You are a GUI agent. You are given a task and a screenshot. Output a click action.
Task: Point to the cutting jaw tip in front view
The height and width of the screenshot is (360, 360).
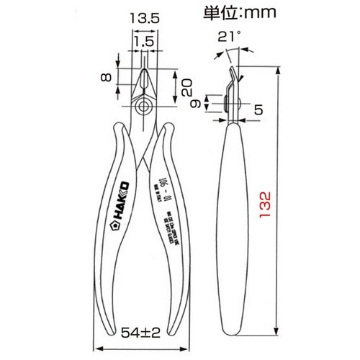143,72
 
